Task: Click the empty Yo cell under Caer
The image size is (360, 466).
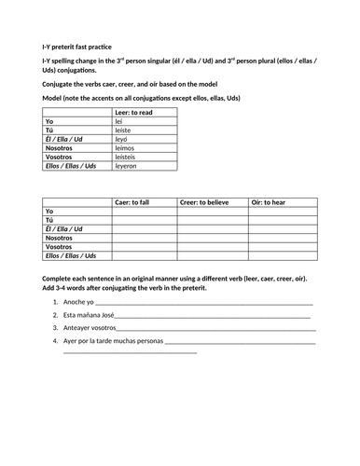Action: [x=144, y=212]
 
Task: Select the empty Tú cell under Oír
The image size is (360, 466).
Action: [x=280, y=220]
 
